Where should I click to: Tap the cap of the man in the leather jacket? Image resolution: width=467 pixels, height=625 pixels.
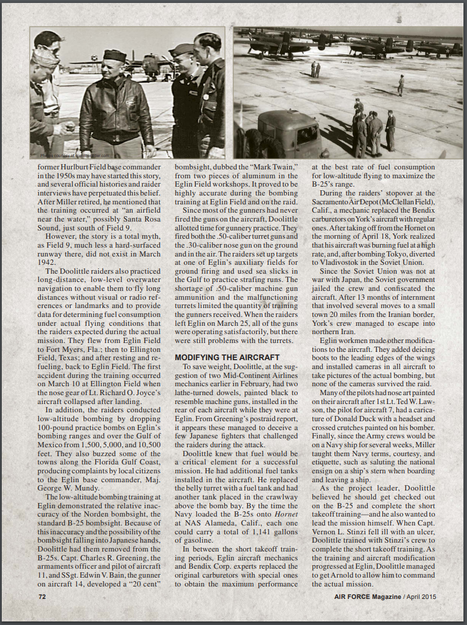point(114,56)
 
